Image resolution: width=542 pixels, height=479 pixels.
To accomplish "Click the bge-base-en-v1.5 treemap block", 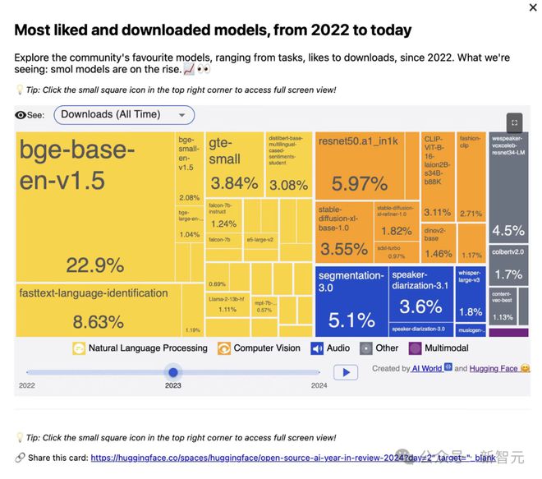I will tap(95, 205).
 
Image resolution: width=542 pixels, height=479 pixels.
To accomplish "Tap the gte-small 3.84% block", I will tap(234, 164).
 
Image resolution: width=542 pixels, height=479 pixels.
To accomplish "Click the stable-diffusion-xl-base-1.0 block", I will tap(343, 232).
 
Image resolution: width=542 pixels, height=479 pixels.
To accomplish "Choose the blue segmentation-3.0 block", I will tap(351, 301).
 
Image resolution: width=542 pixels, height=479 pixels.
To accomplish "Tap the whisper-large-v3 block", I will tap(470, 296).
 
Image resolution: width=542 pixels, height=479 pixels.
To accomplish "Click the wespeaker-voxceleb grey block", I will tap(508, 186).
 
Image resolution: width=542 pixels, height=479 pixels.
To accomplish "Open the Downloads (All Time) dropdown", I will tap(124, 115).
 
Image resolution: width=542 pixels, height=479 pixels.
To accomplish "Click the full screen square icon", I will tap(514, 122).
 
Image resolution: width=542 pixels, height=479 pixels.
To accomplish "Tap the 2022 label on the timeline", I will tap(27, 385).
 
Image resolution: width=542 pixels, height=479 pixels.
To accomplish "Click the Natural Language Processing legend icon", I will tap(79, 348).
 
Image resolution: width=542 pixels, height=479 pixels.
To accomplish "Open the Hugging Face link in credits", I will tap(493, 369).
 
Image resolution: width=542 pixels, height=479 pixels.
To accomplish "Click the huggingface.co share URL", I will tap(238, 458).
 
